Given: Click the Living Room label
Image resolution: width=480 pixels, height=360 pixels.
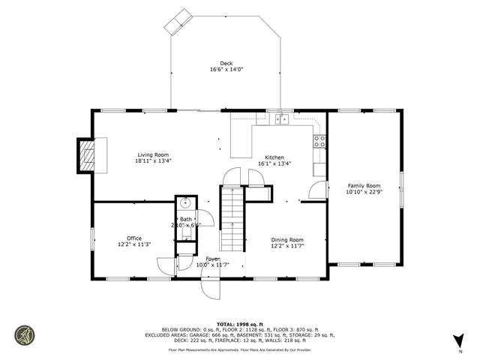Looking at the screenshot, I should click(152, 154).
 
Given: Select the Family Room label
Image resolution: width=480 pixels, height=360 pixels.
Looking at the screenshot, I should click(363, 185).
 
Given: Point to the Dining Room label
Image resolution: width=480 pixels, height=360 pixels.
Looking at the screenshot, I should click(286, 239).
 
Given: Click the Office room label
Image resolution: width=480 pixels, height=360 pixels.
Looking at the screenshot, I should click(134, 238).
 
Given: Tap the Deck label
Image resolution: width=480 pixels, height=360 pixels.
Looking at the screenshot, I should click(226, 63).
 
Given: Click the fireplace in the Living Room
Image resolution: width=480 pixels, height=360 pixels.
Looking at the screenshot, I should click(89, 155).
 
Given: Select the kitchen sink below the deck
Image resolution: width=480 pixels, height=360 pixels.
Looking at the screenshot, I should click(282, 118).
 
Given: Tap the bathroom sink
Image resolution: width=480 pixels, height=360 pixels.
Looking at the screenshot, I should click(185, 203).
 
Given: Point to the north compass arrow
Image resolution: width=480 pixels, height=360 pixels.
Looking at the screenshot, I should click(459, 340).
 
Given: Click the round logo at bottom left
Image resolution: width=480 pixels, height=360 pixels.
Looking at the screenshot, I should click(25, 334).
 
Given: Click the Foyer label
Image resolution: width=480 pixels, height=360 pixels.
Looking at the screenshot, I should click(212, 259).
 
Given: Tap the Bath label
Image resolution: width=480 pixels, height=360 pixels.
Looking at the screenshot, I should click(185, 219).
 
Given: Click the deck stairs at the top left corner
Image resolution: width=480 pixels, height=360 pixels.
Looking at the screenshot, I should click(178, 21).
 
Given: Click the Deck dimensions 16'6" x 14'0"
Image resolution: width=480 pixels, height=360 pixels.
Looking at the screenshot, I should click(226, 70).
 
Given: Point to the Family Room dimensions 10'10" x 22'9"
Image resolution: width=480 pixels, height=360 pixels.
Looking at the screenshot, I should click(363, 192).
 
